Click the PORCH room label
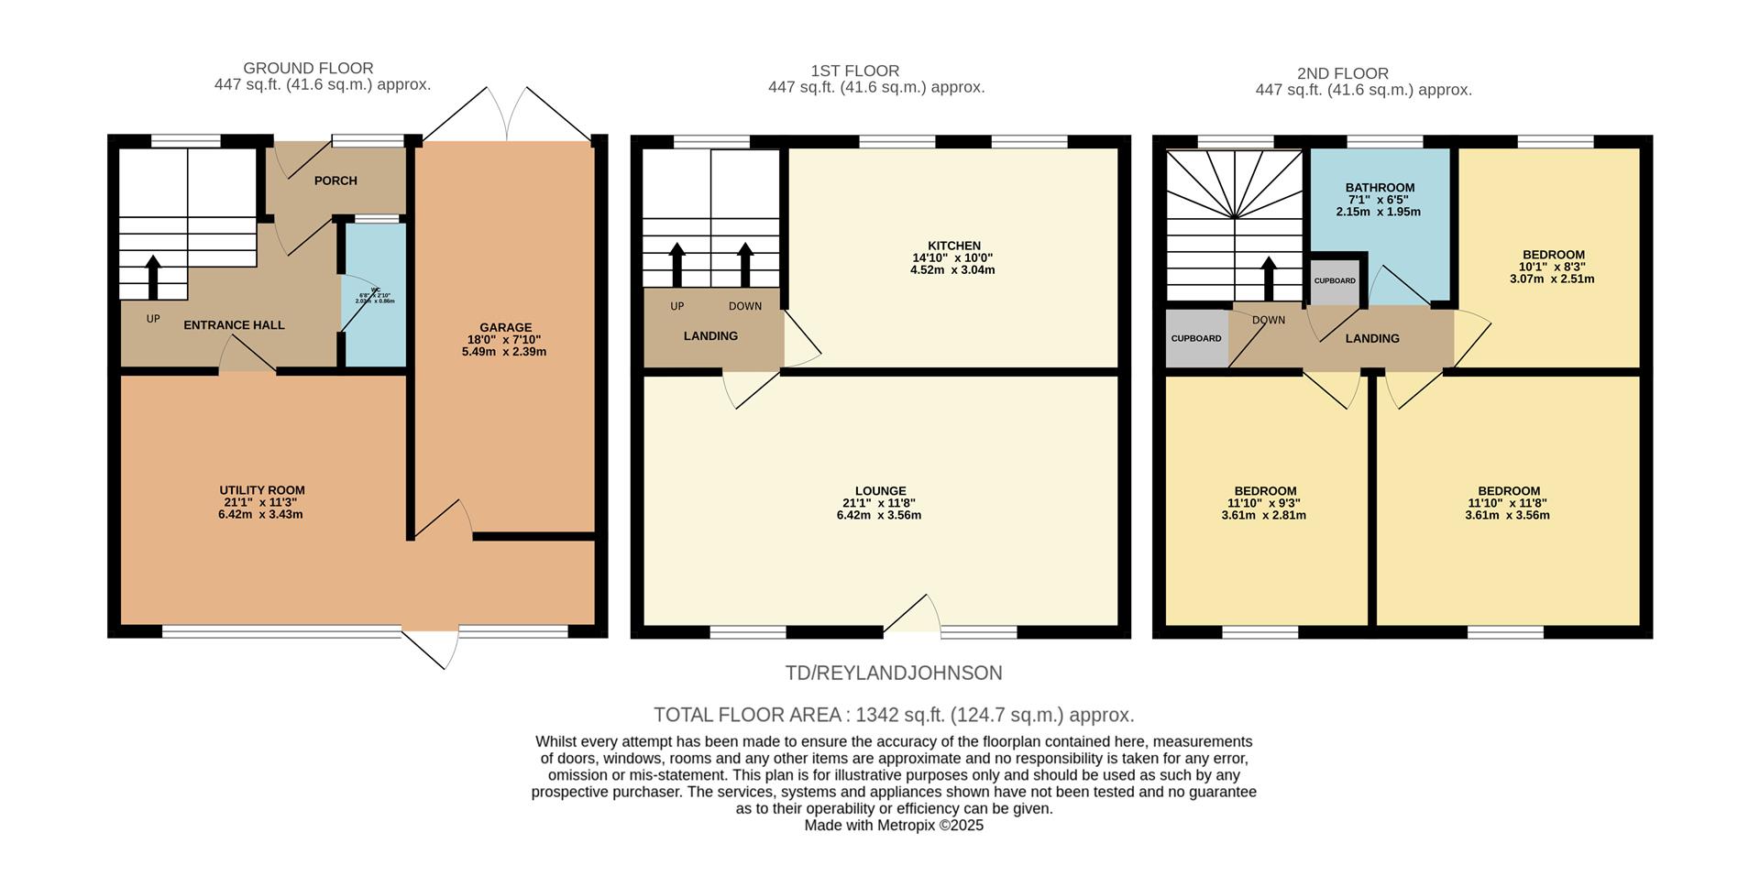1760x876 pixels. (335, 181)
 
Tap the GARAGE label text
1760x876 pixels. (505, 327)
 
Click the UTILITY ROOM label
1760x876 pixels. (261, 490)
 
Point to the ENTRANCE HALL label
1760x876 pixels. (234, 325)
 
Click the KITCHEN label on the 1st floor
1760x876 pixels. (953, 246)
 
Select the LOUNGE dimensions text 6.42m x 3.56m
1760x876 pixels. (878, 515)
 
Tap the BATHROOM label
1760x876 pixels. (1380, 188)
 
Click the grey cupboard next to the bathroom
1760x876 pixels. (1334, 281)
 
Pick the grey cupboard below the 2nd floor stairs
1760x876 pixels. (1195, 339)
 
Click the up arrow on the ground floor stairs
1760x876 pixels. (153, 277)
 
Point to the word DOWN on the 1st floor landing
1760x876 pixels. (745, 306)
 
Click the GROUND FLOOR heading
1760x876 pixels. (308, 69)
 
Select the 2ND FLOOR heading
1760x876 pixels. (1342, 73)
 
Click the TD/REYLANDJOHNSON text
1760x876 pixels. (893, 673)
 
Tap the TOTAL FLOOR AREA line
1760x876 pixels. (893, 715)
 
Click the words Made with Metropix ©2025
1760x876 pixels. (893, 826)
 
